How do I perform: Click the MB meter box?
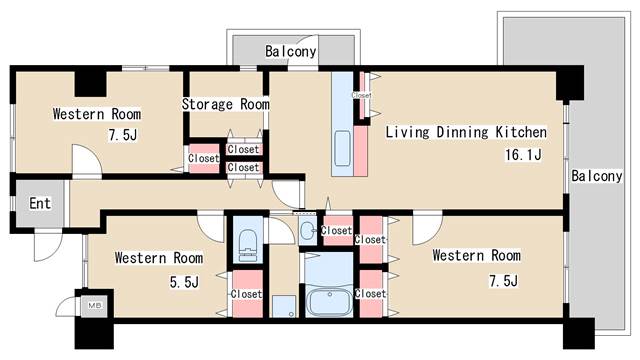(95, 305)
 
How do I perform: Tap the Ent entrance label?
(40, 203)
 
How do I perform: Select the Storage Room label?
(225, 104)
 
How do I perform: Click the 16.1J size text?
(523, 155)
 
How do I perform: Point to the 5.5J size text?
(184, 282)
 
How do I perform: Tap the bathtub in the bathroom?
(329, 302)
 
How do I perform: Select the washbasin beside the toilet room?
(307, 231)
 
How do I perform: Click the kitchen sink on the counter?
(342, 148)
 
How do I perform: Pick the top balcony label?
(291, 51)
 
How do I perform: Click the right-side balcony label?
(596, 176)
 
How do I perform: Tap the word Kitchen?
(521, 132)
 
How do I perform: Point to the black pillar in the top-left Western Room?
(90, 84)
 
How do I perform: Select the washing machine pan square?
(284, 307)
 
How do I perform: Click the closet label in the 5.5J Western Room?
(246, 294)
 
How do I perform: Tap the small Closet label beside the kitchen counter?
(362, 95)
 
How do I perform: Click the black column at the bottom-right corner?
(579, 333)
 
